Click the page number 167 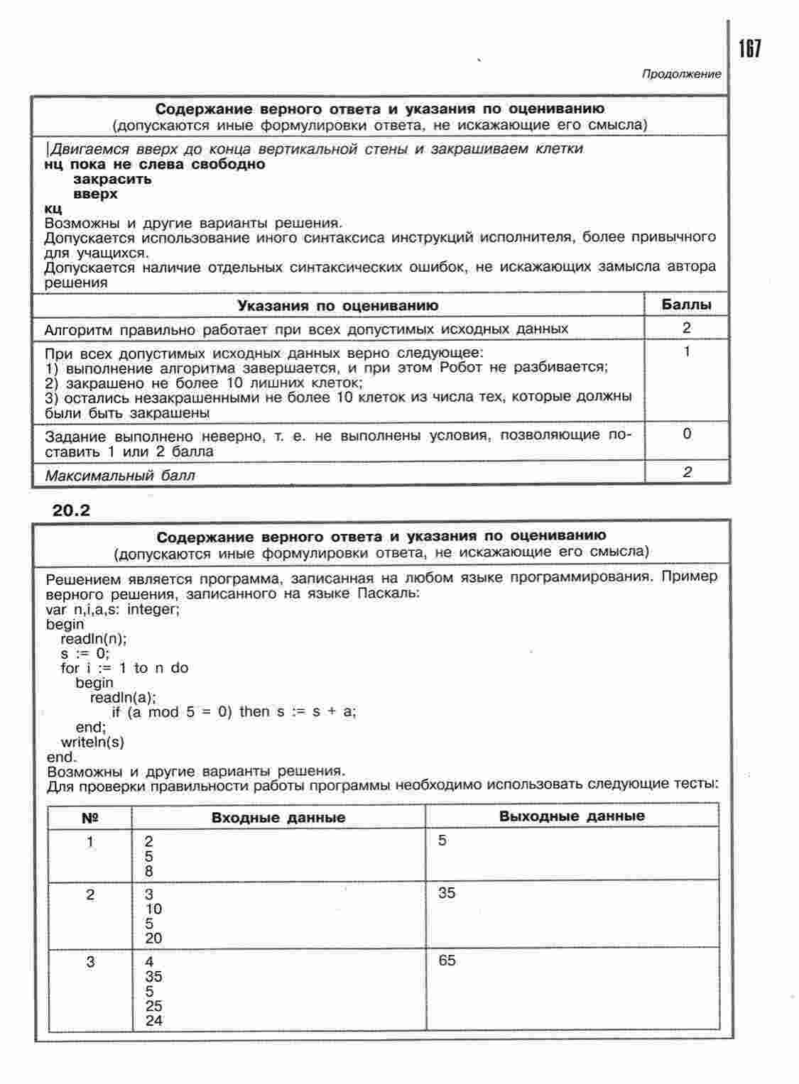click(749, 49)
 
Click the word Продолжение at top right click(681, 74)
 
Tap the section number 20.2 click(72, 510)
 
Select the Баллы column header click(686, 305)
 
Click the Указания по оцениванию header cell click(337, 305)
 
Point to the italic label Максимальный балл click(119, 475)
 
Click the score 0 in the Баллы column click(686, 433)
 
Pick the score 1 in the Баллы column click(686, 351)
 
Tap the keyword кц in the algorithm click(53, 209)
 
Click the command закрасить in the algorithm click(112, 179)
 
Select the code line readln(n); click(94, 638)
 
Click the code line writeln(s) click(92, 742)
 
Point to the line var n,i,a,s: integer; click(113, 609)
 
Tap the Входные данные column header click(278, 817)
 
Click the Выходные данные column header click(572, 816)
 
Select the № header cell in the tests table click(90, 817)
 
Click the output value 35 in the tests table click(447, 892)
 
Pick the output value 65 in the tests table click(447, 960)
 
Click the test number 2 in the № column click(90, 894)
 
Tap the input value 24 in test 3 click(153, 1020)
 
